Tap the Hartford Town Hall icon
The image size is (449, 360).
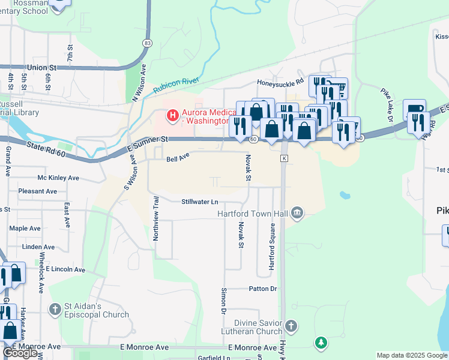[x=297, y=213]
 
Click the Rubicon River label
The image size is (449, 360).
[x=176, y=85]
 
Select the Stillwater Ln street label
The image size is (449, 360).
[x=199, y=202]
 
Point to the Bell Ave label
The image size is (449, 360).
[x=178, y=159]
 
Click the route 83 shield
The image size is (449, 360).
[x=147, y=43]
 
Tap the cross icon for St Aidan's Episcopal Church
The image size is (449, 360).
[x=55, y=310]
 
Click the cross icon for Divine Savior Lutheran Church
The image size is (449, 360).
[x=291, y=326]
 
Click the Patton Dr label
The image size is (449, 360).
[x=262, y=289]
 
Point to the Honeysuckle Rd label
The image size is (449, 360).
[x=280, y=82]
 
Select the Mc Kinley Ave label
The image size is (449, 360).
[x=58, y=178]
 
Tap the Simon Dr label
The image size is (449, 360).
[x=223, y=301]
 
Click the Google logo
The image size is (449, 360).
[x=20, y=353]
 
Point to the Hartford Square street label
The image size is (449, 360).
[x=272, y=246]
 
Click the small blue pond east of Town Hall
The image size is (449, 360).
[x=345, y=195]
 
